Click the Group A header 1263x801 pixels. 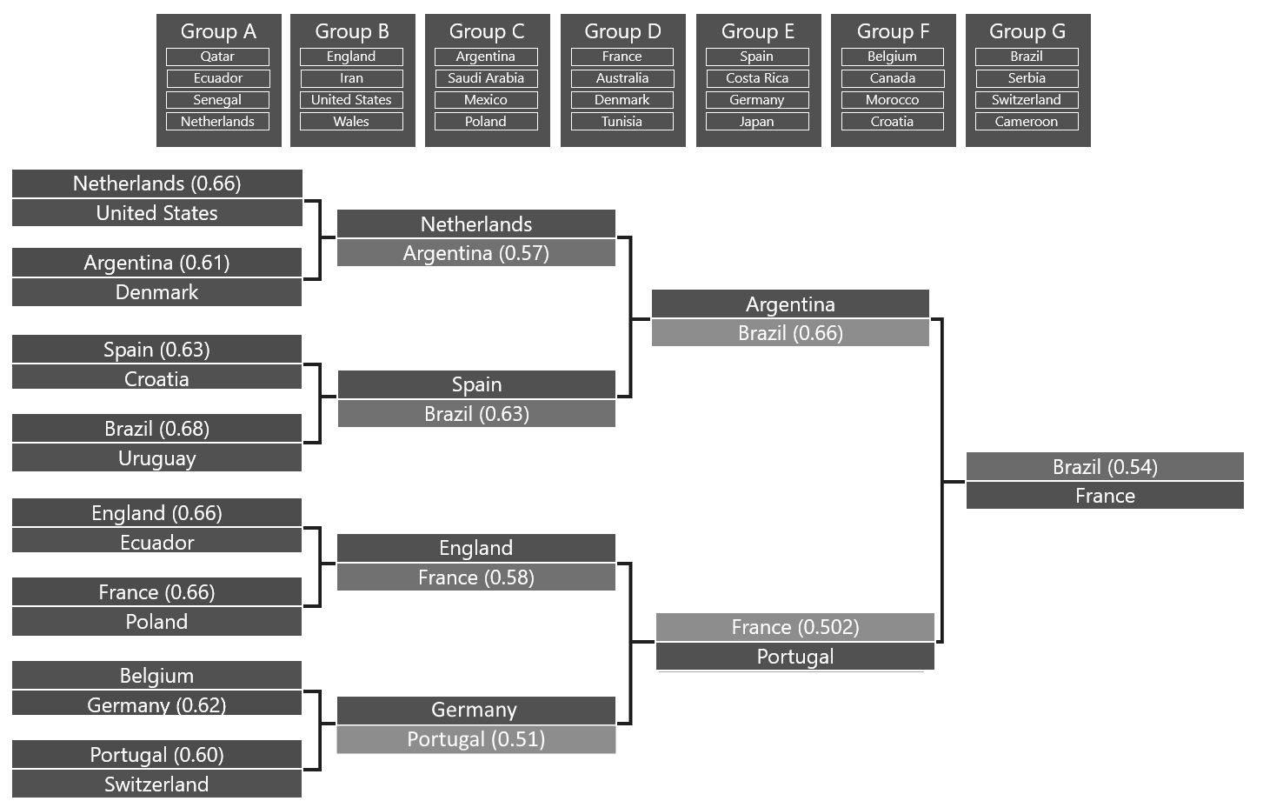[x=218, y=31]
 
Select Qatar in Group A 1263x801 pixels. [x=217, y=57]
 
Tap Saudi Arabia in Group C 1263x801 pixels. [x=486, y=78]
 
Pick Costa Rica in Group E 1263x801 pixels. [x=757, y=78]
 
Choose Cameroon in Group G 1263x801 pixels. [x=1027, y=122]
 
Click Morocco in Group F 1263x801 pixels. [x=892, y=100]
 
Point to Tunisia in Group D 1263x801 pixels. [x=622, y=122]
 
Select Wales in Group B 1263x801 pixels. [x=351, y=122]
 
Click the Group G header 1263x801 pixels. [x=1027, y=31]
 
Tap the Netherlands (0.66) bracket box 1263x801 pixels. [x=157, y=184]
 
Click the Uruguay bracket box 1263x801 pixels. [x=157, y=458]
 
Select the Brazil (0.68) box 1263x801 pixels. [x=157, y=429]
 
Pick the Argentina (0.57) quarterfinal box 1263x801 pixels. [x=476, y=253]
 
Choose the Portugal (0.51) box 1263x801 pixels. [x=476, y=739]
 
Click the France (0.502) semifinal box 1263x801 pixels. [x=794, y=627]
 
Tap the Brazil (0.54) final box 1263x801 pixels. [x=1105, y=467]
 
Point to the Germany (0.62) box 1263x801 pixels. [x=157, y=704]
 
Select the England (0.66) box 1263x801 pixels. [x=157, y=513]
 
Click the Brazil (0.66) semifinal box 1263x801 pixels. [x=790, y=333]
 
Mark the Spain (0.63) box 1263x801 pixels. [x=157, y=350]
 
